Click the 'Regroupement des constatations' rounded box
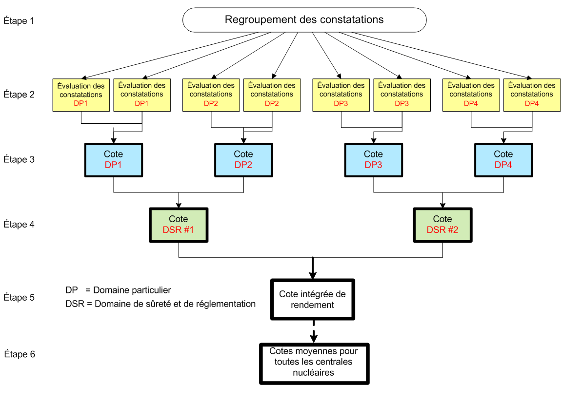coord(304,20)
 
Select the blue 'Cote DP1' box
coord(114,160)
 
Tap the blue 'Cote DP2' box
coord(244,160)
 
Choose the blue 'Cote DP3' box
coord(374,160)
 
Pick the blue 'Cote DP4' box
coord(503,160)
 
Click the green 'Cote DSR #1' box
coord(179,225)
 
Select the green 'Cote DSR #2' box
coord(442,225)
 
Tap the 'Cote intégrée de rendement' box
coord(313,300)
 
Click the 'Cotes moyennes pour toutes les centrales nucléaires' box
coord(314,364)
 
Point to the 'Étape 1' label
coord(19,21)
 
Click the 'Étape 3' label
coord(19,159)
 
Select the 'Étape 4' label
coord(19,225)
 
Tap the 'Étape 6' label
coord(20,354)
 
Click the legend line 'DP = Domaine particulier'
coord(118,290)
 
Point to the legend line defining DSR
coord(161,304)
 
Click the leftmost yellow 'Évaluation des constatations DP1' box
coord(81,95)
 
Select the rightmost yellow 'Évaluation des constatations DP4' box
coord(532,95)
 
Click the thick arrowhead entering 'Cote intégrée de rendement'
coord(313,275)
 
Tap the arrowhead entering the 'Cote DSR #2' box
coord(442,206)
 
